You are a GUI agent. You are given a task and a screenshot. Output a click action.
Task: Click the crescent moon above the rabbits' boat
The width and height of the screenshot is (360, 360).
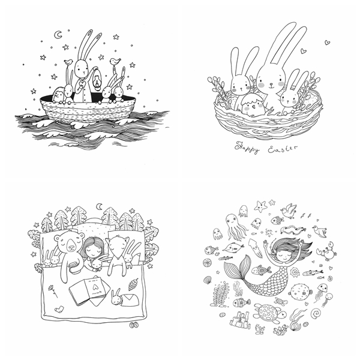click(x=57, y=35)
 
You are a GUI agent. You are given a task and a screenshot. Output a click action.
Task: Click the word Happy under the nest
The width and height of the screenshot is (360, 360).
click(x=247, y=148)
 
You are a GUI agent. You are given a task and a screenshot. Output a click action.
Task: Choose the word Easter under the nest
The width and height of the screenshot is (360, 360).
click(x=282, y=149)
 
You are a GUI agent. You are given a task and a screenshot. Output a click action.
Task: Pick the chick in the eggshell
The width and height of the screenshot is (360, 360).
click(x=253, y=105)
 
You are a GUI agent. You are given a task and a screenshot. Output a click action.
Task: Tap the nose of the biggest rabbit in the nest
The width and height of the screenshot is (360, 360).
click(x=271, y=83)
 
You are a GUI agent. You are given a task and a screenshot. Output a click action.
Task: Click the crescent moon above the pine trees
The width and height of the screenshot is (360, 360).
click(x=100, y=206)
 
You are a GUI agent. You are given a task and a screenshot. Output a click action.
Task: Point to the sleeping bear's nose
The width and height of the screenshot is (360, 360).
click(x=71, y=247)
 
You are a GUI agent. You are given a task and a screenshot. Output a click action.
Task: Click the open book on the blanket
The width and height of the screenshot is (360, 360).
click(x=89, y=290)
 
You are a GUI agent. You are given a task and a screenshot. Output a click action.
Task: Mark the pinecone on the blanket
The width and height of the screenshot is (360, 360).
click(x=133, y=284)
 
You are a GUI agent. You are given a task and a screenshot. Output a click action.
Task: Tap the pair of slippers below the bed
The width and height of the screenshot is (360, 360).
click(x=134, y=325)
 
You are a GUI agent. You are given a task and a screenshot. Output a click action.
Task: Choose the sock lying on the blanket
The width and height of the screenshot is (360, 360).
click(x=59, y=309)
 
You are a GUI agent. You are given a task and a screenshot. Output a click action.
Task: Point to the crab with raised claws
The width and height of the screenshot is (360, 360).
click(x=326, y=251)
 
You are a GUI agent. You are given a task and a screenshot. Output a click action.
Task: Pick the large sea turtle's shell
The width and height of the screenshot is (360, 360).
click(x=267, y=312)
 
